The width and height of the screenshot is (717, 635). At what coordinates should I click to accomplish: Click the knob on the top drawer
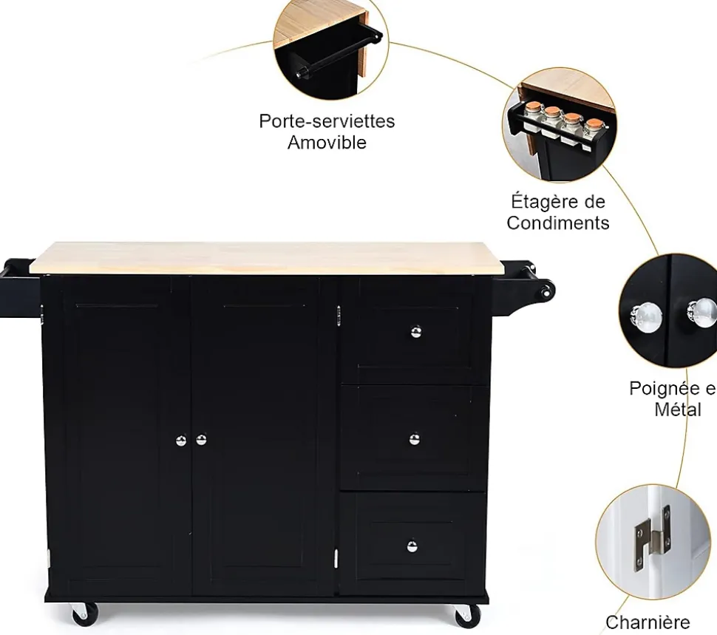(416, 331)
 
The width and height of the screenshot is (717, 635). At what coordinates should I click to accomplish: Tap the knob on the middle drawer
(415, 439)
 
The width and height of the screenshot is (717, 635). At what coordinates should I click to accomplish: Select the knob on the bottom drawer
(412, 546)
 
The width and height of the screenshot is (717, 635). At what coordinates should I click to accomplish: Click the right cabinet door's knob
(201, 440)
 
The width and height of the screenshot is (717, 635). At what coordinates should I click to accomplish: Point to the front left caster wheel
(83, 613)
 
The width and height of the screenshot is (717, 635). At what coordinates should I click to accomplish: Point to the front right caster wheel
(467, 614)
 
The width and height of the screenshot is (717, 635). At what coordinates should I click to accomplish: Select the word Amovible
(327, 143)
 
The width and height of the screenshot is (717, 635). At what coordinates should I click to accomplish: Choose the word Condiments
(558, 223)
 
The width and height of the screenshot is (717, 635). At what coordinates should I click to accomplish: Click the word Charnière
(648, 622)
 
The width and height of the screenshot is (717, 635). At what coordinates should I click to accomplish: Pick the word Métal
(678, 409)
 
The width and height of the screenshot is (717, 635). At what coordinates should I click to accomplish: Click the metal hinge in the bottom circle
(651, 537)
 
